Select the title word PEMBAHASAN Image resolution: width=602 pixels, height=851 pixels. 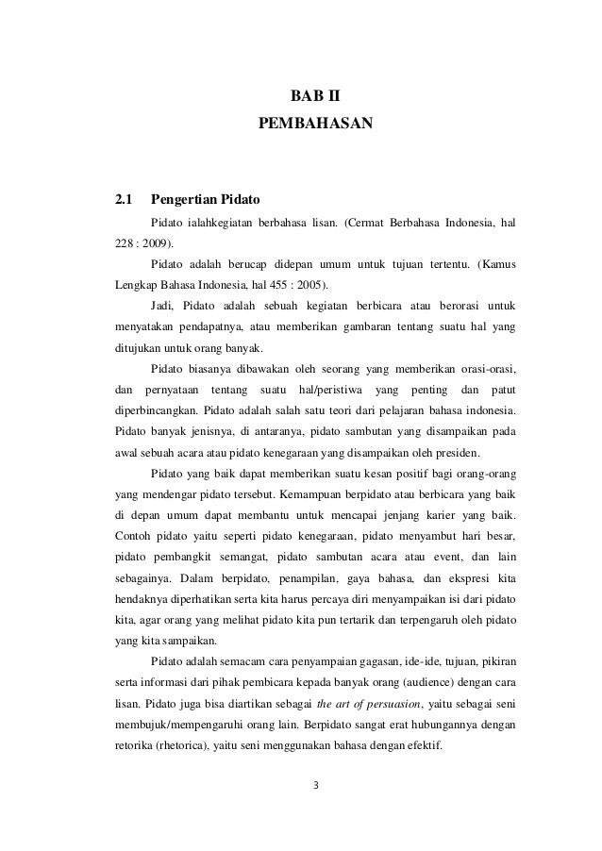[316, 124]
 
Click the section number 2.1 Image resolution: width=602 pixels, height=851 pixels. [123, 200]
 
